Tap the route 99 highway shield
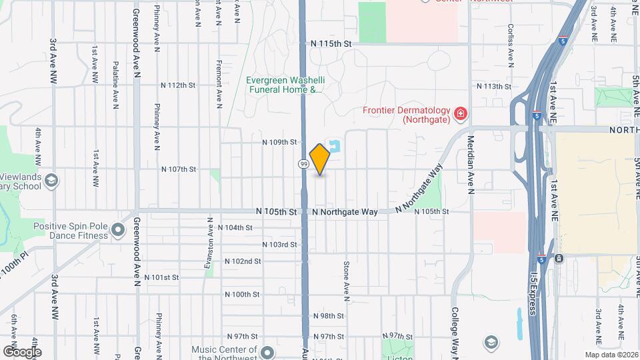(303, 164)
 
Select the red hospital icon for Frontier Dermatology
(459, 115)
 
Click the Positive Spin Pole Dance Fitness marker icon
(119, 231)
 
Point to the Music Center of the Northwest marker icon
(267, 352)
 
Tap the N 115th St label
(331, 43)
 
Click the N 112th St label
(178, 85)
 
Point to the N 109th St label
(279, 142)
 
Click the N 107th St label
(178, 169)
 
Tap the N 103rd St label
(279, 245)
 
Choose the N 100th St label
(242, 294)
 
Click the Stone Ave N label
(347, 277)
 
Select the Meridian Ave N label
(471, 163)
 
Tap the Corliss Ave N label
(510, 47)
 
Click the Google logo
(22, 352)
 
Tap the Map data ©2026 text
(611, 355)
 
